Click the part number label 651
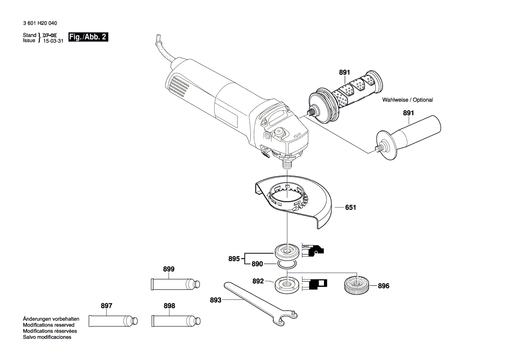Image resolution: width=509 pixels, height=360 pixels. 351,208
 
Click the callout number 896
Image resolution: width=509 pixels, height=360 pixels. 383,286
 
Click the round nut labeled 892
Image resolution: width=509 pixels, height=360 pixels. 287,285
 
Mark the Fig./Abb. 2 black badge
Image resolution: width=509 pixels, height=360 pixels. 88,37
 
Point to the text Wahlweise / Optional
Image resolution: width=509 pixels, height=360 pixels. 408,100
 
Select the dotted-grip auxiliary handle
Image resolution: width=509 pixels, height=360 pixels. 344,96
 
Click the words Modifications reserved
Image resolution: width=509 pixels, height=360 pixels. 48,325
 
